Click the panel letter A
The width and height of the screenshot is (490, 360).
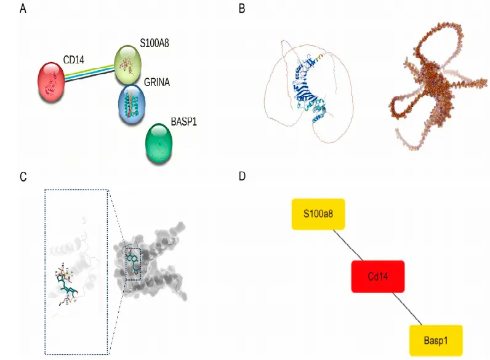23,9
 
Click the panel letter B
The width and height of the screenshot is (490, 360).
242,9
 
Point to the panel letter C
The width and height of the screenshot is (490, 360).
23,177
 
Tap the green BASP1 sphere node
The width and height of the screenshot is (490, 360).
159,144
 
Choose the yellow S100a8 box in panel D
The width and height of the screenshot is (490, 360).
317,214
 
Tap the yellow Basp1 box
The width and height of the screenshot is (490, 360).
435,339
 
